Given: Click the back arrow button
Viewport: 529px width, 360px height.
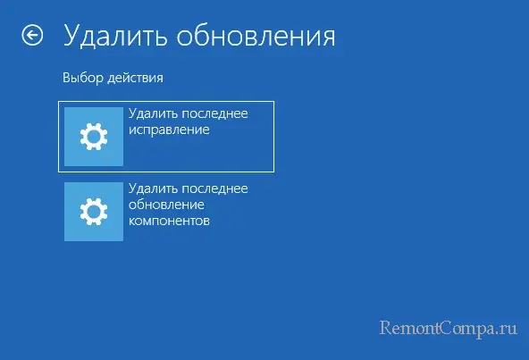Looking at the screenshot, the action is [32, 35].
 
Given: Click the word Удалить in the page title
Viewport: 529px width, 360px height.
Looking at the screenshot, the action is [115, 36].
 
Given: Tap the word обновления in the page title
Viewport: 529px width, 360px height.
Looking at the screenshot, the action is [256, 36].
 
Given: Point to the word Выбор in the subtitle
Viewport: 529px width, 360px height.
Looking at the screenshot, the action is [83, 78].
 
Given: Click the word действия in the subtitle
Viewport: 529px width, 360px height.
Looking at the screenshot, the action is [136, 79].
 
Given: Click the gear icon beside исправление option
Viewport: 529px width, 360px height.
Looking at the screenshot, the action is [94, 137].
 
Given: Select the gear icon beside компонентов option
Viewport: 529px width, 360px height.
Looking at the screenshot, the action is [94, 212].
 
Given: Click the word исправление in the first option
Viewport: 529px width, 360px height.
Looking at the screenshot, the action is [169, 130].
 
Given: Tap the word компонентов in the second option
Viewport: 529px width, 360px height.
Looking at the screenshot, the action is [169, 221].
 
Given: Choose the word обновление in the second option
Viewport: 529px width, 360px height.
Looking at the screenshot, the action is [166, 205].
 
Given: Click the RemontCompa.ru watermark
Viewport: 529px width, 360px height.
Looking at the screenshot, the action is [449, 328].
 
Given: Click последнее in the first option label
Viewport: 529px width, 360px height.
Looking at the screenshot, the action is [215, 113].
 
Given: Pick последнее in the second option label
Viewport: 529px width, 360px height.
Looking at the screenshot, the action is [215, 188].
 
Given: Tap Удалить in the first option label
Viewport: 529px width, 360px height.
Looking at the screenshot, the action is [154, 113].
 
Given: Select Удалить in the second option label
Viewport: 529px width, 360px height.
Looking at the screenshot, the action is [154, 188].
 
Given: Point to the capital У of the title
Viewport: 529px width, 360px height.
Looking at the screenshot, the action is [72, 36].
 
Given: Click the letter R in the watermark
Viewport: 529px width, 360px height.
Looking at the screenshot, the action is [387, 327].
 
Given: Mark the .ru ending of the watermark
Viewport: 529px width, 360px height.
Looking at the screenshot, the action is [505, 330].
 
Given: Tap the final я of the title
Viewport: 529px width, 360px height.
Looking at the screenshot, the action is [327, 38].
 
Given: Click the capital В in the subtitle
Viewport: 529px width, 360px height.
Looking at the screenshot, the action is [66, 78].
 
